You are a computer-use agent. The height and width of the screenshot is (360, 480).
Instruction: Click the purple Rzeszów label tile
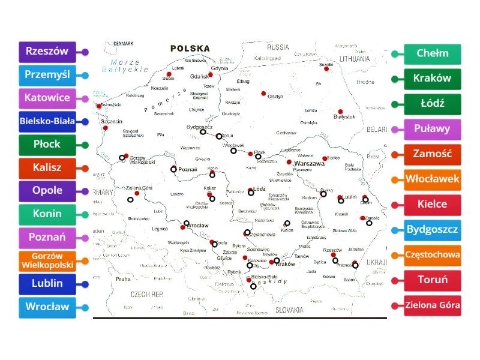click(x=47, y=52)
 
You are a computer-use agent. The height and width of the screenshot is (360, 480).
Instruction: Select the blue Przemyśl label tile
click(x=47, y=75)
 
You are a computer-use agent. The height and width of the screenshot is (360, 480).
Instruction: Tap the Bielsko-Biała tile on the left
click(x=47, y=121)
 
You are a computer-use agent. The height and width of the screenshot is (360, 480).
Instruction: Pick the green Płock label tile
click(x=47, y=145)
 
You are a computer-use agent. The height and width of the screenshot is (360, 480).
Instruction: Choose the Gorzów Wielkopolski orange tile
click(x=47, y=260)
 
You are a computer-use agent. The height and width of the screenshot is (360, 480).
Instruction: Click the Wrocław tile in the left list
click(x=47, y=307)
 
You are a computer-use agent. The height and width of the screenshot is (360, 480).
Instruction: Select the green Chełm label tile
click(x=432, y=53)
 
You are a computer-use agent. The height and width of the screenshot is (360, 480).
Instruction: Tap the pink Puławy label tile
click(x=432, y=128)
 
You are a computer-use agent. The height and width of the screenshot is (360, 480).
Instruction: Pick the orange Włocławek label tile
click(x=432, y=179)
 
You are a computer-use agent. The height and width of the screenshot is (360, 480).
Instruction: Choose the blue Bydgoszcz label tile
click(x=432, y=229)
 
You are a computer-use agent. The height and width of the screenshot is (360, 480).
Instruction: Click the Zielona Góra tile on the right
click(x=432, y=305)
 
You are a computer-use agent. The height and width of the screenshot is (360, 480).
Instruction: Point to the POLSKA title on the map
click(x=190, y=48)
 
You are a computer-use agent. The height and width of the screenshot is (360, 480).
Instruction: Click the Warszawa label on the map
click(x=309, y=163)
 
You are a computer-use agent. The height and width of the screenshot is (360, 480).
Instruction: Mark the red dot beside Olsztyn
click(x=263, y=93)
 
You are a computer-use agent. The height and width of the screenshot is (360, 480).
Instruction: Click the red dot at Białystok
click(x=340, y=111)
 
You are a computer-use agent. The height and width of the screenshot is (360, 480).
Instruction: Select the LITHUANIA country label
click(x=354, y=59)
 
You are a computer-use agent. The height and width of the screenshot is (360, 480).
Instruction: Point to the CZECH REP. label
click(x=147, y=295)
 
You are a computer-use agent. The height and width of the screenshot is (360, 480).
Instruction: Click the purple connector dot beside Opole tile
click(x=85, y=191)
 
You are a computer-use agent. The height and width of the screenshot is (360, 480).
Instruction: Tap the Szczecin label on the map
click(x=110, y=121)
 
